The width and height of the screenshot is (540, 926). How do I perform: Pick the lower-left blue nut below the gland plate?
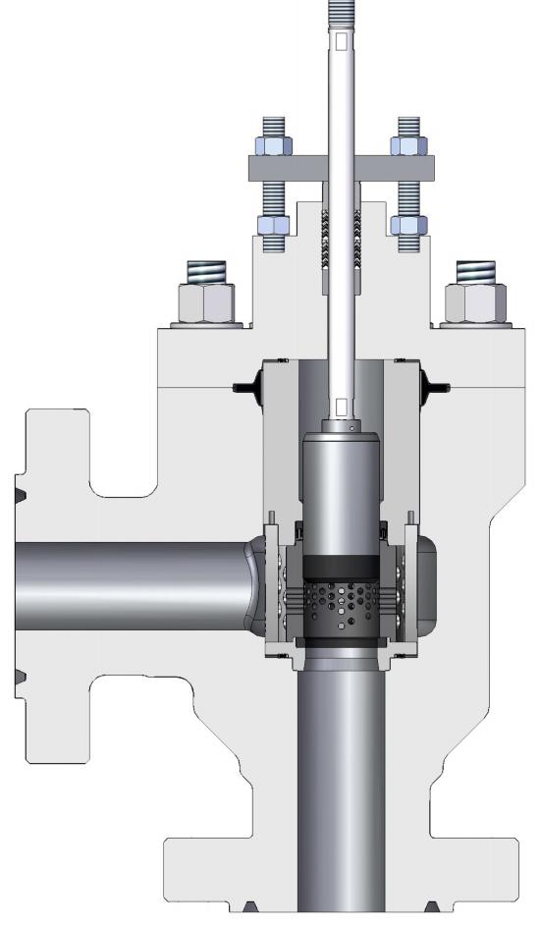pyautogui.click(x=273, y=224)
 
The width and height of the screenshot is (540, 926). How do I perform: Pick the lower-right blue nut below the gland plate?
pyautogui.click(x=408, y=224)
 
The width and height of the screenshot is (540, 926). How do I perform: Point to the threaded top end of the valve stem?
pyautogui.click(x=341, y=15)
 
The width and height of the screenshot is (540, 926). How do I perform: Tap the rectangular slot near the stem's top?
pyautogui.click(x=341, y=42)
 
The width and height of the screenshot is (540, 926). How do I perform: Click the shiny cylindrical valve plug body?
pyautogui.click(x=341, y=491)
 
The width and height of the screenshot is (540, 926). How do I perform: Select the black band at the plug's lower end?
pyautogui.click(x=341, y=568)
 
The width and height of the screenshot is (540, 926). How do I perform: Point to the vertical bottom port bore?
pyautogui.click(x=341, y=786)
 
